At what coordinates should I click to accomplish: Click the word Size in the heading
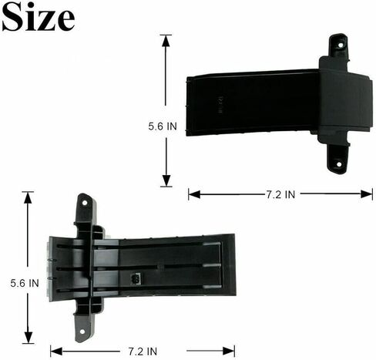pos(39,18)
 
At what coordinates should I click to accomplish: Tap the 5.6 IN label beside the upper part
pos(163,126)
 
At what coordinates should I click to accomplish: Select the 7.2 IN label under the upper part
pos(280,194)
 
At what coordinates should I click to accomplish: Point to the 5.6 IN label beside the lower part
pos(25,283)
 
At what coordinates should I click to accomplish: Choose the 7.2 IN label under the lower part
pos(143,352)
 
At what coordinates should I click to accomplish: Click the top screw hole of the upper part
pos(341,45)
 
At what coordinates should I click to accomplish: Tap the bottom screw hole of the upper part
pos(339,164)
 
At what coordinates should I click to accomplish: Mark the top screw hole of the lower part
pos(85,203)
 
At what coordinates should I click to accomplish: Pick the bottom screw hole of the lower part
pos(82,331)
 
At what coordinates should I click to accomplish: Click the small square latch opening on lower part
pos(135,278)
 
